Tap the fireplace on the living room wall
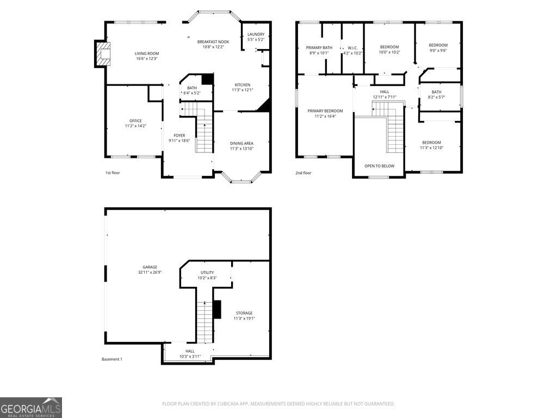pos(102,53)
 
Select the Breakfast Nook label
pos(213,42)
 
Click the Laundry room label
pos(256,34)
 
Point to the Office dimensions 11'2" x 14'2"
pos(135,126)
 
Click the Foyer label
pos(179,136)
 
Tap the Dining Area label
pos(242,143)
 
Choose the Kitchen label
pos(242,85)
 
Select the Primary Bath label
pos(319,47)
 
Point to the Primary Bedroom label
pos(325,110)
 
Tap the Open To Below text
pos(379,166)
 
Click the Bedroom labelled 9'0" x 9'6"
pos(438,45)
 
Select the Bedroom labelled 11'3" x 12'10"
pos(431,143)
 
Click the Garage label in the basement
pos(150,267)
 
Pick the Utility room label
pos(207,272)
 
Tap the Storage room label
pos(244,313)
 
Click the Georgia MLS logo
pos(31,408)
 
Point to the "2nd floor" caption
pos(304,173)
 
